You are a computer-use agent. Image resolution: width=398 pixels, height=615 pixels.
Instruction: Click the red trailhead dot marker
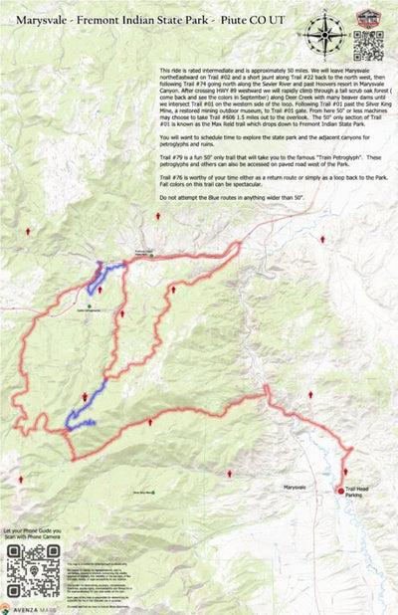(340, 490)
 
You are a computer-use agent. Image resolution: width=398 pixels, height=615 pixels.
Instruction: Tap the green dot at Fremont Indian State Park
(140, 256)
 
